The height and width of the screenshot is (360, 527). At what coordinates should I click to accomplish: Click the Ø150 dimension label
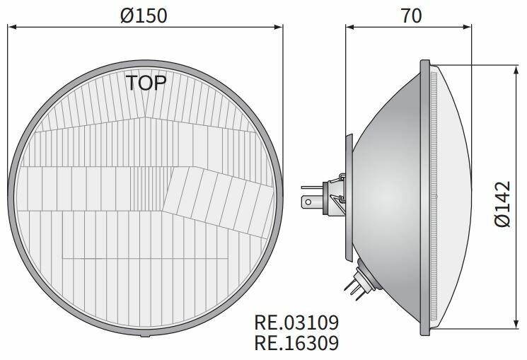pyautogui.click(x=144, y=15)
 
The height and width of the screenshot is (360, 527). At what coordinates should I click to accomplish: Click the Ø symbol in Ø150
pyautogui.click(x=127, y=15)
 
